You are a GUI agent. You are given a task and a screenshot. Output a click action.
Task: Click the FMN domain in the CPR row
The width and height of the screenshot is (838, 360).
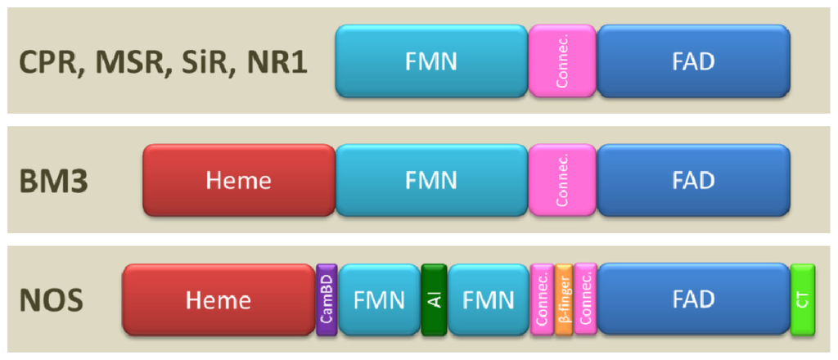[431, 61]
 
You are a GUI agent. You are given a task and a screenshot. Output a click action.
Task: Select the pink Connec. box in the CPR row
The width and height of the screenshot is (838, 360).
[563, 61]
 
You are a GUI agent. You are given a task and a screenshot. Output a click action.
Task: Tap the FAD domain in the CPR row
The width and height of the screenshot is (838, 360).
[693, 61]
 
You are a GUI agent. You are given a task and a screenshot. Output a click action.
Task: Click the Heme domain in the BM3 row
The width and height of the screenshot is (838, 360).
[239, 181]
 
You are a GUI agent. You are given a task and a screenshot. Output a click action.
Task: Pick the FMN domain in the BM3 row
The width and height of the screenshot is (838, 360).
[431, 181]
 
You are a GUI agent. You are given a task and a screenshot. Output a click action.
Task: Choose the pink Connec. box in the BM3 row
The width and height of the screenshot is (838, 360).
[563, 181]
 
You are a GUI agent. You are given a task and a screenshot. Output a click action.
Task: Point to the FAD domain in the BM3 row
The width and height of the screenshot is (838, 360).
[693, 181]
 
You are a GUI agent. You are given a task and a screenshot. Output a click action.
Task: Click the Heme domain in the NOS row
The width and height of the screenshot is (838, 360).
[219, 299]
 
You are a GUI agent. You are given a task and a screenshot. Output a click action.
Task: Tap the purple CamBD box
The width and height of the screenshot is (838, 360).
[327, 299]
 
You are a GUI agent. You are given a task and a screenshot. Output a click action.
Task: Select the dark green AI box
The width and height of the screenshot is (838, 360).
[434, 299]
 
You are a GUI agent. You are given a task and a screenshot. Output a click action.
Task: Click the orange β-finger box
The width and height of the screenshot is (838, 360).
[563, 299]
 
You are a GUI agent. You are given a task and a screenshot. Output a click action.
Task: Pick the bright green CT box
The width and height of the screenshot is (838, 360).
[803, 299]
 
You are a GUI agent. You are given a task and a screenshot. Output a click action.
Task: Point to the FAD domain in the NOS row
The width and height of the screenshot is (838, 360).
[693, 299]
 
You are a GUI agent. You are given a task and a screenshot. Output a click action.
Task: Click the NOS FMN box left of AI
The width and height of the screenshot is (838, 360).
[380, 299]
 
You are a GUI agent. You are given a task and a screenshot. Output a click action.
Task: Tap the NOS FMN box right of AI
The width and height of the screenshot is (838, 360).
[488, 299]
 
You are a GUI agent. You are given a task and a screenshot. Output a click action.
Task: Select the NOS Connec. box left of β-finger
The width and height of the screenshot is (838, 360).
[541, 299]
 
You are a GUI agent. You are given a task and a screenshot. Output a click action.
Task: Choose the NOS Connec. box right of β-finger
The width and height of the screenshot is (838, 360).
[585, 299]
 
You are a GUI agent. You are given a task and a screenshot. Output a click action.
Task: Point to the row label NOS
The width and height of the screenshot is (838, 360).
[51, 300]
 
